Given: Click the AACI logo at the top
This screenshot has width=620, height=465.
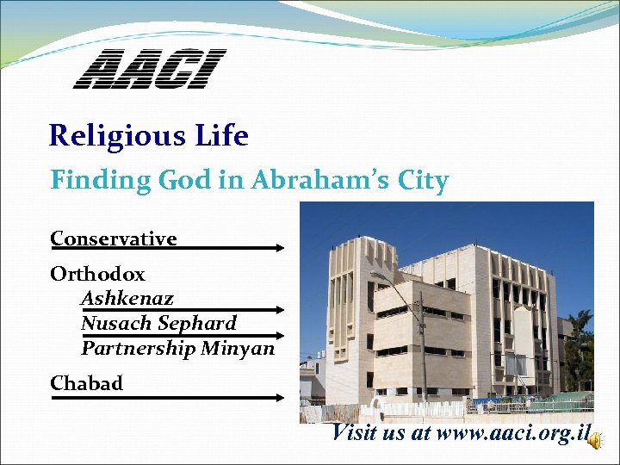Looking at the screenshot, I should pyautogui.click(x=149, y=69).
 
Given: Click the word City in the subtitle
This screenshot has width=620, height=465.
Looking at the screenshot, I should pyautogui.click(x=421, y=182).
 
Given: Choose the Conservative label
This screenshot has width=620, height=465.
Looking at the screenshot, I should pyautogui.click(x=113, y=239).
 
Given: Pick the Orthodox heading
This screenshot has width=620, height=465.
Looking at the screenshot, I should pyautogui.click(x=97, y=275).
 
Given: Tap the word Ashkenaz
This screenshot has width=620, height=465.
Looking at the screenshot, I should pyautogui.click(x=127, y=299).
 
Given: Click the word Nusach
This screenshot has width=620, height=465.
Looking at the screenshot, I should pyautogui.click(x=116, y=324).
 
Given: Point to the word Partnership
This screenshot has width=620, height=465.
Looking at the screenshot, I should pyautogui.click(x=138, y=348).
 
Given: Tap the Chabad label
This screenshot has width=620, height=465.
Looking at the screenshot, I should pyautogui.click(x=86, y=383).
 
